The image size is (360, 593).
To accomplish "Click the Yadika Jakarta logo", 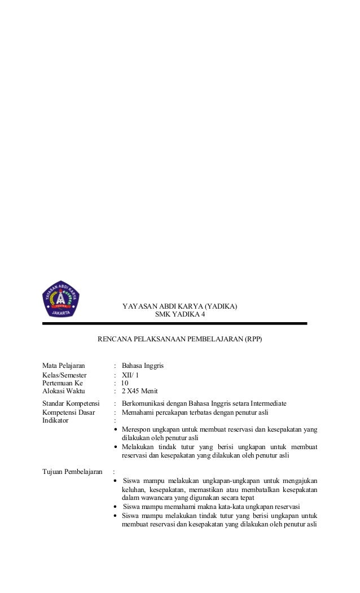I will pyautogui.click(x=61, y=298).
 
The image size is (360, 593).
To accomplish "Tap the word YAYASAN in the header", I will pyautogui.click(x=136, y=306).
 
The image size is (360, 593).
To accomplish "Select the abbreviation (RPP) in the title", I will pyautogui.click(x=252, y=340).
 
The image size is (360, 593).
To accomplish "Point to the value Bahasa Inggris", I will pyautogui.click(x=143, y=366).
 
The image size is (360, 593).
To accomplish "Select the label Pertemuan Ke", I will pyautogui.click(x=62, y=383).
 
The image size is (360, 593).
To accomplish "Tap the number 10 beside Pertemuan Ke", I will pyautogui.click(x=125, y=383).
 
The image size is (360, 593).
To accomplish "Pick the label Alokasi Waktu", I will pyautogui.click(x=62, y=391).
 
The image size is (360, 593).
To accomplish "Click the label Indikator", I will pyautogui.click(x=55, y=420).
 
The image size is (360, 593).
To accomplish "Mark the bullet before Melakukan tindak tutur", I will pyautogui.click(x=116, y=446).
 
